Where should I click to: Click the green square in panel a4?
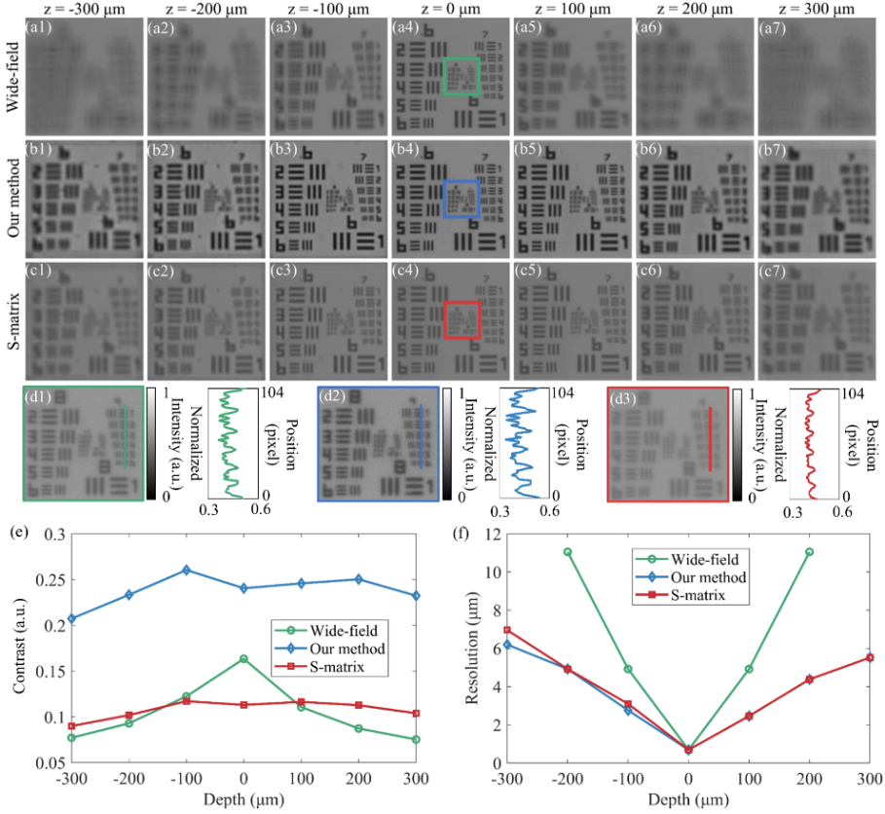click(461, 76)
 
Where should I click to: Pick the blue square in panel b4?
click(461, 199)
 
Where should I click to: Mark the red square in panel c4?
click(461, 319)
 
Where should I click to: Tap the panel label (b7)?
click(775, 152)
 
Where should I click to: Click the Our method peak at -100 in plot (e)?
click(186, 570)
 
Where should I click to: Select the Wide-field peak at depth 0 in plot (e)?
click(242, 659)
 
